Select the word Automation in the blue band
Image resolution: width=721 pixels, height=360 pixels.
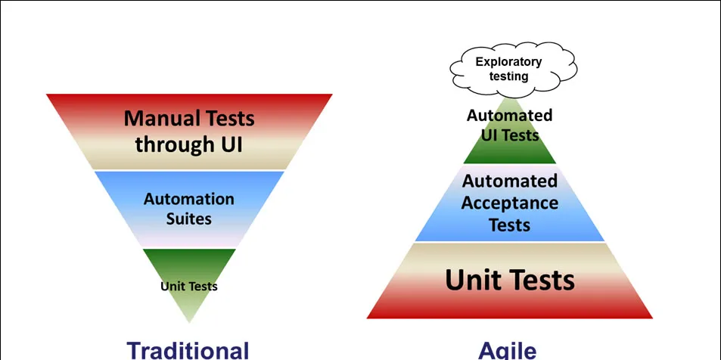[x=188, y=200]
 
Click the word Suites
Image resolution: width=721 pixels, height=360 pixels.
[x=188, y=219]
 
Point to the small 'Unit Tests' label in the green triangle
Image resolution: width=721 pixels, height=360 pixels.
[x=188, y=287]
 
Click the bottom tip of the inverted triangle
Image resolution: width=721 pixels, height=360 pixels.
[x=189, y=321]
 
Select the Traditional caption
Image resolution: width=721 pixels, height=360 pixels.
[x=188, y=350]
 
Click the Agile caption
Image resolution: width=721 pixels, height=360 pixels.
[x=508, y=350]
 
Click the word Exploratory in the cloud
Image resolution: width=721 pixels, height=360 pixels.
[x=508, y=62]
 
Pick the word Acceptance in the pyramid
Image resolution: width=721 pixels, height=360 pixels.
[x=510, y=203]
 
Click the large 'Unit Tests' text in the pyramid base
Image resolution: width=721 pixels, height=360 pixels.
[x=510, y=281]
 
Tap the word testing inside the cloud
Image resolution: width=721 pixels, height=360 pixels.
[x=508, y=76]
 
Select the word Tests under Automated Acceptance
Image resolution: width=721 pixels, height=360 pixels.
[x=509, y=225]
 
